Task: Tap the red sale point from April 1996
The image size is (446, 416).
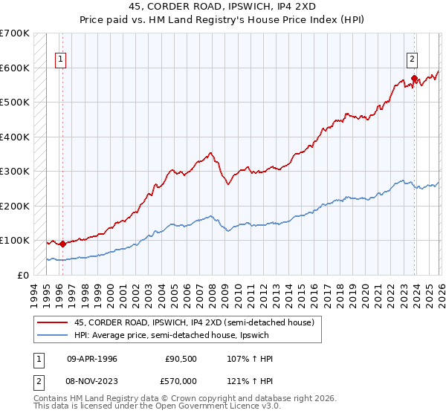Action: (x=62, y=243)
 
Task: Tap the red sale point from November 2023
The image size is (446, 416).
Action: (x=413, y=78)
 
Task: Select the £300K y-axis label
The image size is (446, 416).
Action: (x=15, y=171)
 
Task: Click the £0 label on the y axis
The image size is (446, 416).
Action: (x=22, y=275)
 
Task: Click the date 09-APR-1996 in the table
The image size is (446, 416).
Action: (x=92, y=359)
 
